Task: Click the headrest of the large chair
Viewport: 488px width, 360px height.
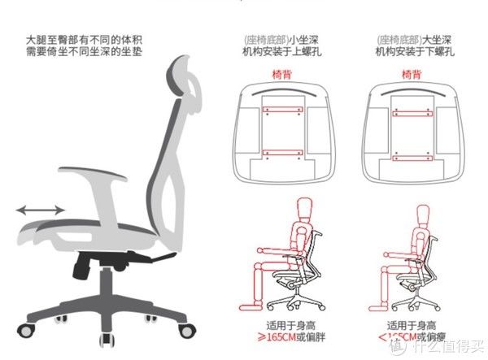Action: (187, 77)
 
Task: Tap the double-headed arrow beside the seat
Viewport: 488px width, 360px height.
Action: (41, 210)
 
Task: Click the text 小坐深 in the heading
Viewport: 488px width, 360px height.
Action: (303, 39)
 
